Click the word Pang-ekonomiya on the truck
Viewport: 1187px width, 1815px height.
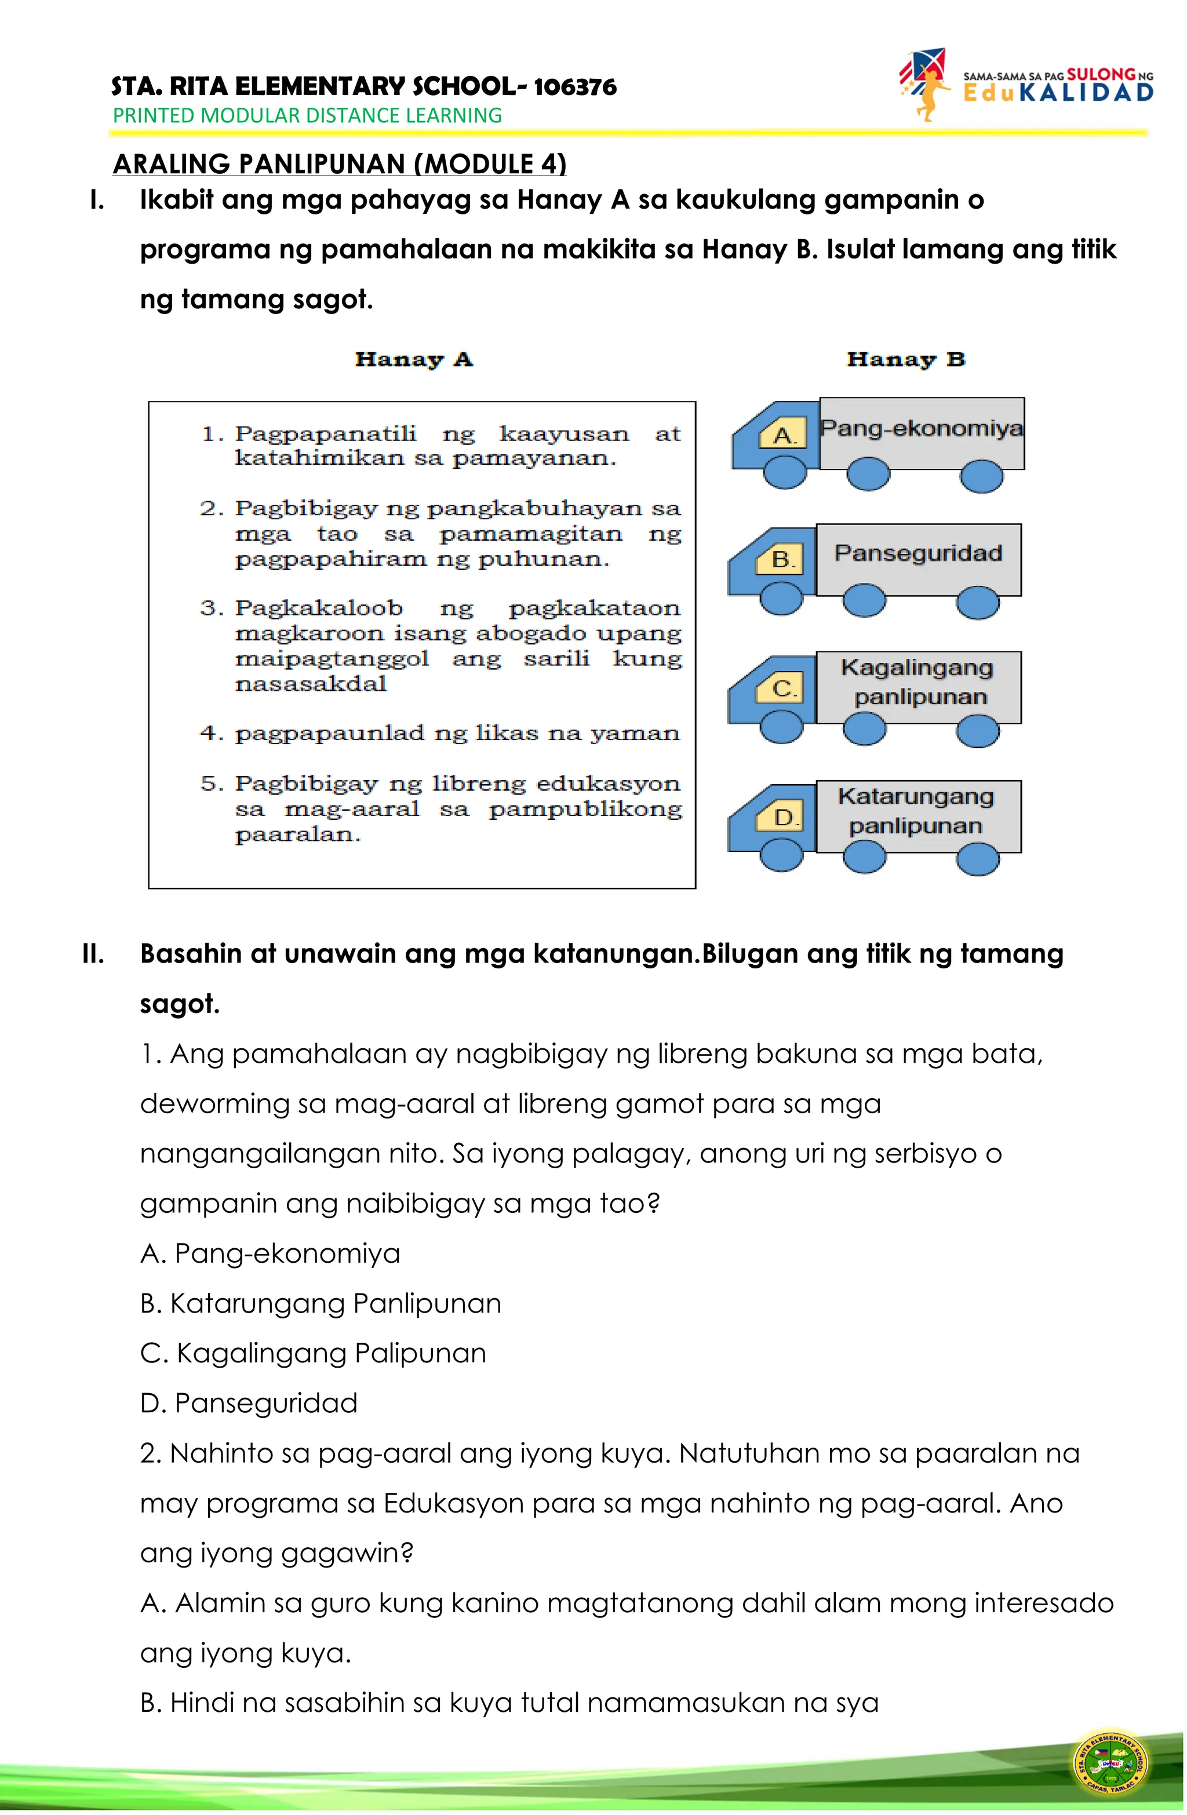921,428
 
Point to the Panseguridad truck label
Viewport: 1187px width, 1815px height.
917,553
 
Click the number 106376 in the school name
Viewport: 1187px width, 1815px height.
574,87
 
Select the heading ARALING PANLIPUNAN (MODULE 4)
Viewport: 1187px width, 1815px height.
340,164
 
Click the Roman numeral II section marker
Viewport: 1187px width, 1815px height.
93,953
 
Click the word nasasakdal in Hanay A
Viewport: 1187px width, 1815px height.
311,684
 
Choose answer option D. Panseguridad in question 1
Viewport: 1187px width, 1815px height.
249,1403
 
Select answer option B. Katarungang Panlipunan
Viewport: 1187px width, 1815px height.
321,1303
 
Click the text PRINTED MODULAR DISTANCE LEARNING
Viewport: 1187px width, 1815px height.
307,116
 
